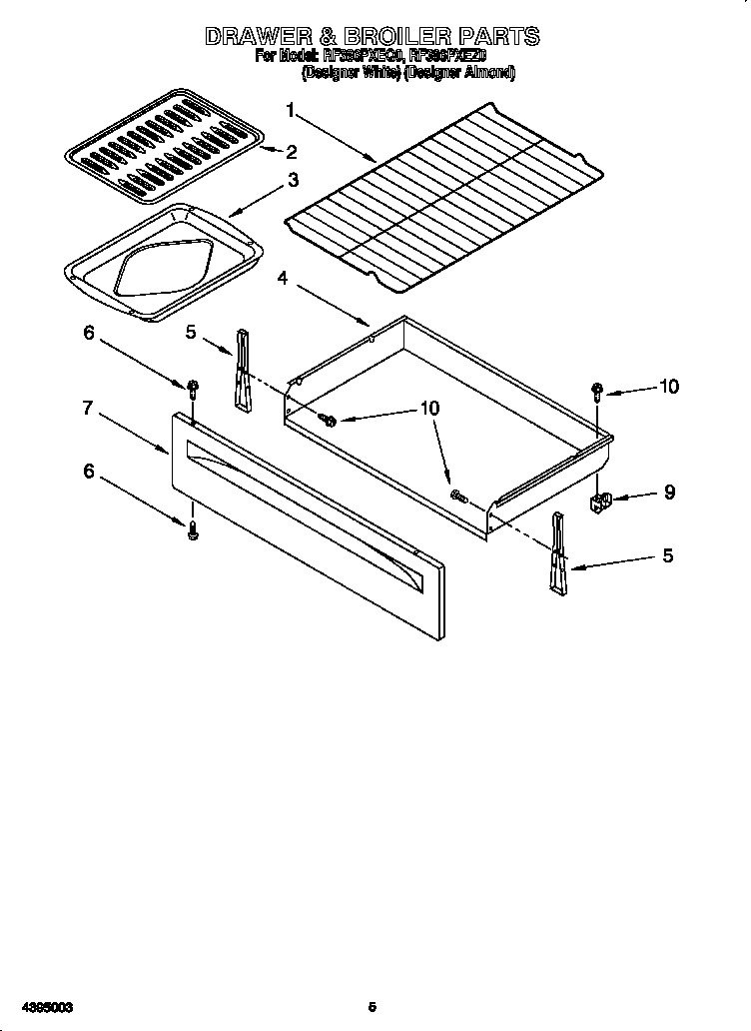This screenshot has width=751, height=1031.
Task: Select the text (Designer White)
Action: [x=351, y=73]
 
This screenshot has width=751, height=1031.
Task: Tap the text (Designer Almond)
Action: [x=459, y=73]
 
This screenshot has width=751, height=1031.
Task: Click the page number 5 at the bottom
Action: [x=373, y=1006]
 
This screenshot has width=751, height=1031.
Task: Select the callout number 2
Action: [x=292, y=152]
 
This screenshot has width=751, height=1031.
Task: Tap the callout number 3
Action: [x=293, y=180]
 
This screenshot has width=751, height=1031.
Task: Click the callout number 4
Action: [x=284, y=279]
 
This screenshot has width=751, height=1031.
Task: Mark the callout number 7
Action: [x=88, y=408]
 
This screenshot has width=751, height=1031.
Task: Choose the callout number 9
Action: [x=669, y=492]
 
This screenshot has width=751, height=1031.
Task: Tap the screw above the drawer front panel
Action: [x=191, y=388]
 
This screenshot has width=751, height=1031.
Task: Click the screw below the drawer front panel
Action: [x=193, y=531]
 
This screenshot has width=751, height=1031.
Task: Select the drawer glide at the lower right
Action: [x=557, y=554]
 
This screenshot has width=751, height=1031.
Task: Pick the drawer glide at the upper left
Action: [x=242, y=370]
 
